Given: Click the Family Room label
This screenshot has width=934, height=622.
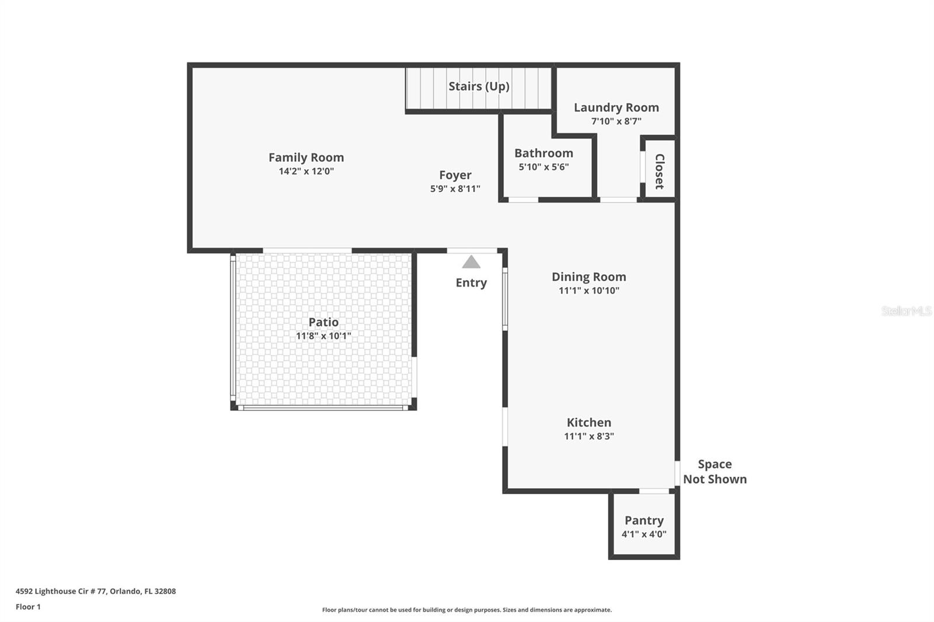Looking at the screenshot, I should click(306, 158).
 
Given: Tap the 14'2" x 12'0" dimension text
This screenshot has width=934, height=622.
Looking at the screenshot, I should click(306, 172).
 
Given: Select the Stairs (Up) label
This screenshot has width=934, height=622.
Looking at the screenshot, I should click(479, 86).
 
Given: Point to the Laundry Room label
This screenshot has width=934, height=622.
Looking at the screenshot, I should click(616, 107).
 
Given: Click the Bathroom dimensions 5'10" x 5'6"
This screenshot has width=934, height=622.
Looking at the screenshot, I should click(543, 167).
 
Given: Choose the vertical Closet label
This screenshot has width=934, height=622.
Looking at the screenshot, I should click(660, 171).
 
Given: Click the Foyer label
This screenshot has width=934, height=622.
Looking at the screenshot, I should click(455, 175).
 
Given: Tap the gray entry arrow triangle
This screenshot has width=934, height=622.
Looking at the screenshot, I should click(471, 263).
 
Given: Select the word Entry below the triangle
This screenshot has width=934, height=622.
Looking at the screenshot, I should click(471, 282).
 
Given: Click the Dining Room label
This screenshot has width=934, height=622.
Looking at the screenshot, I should click(588, 277).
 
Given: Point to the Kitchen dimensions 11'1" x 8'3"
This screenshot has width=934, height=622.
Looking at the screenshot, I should click(588, 436).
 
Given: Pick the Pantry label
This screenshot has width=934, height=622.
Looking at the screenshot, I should click(644, 520).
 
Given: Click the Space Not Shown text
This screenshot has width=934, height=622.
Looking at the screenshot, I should click(715, 471).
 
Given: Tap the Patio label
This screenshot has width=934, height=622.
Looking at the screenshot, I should click(323, 322).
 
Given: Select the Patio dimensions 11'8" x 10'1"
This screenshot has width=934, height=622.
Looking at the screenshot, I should click(323, 336).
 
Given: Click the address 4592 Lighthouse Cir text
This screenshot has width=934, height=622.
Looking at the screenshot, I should click(95, 591).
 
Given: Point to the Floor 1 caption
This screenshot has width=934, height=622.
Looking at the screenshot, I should click(28, 607).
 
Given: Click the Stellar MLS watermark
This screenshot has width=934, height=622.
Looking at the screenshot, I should click(906, 311).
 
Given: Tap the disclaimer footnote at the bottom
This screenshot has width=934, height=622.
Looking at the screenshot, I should click(467, 610).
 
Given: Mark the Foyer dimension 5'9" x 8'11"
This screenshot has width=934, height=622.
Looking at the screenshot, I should click(455, 189).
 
